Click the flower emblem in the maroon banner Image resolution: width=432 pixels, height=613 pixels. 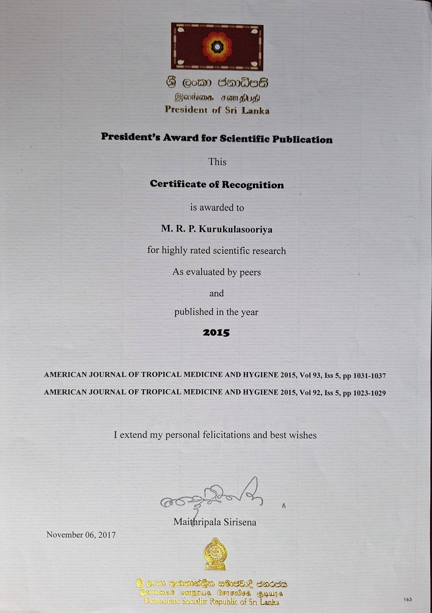(217, 47)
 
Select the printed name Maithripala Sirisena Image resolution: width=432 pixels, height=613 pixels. (215, 522)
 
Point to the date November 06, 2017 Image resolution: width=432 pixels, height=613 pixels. (81, 535)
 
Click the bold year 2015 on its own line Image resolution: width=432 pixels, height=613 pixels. (216, 333)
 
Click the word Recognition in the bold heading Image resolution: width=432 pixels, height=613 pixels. (253, 185)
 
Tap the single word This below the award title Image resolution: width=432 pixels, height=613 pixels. (217, 162)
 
